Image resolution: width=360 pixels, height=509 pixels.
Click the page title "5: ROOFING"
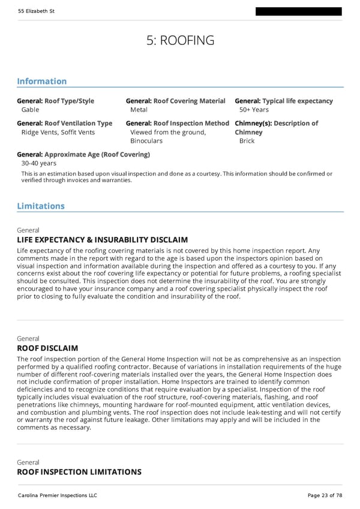click(180, 40)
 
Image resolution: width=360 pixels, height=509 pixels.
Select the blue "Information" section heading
click(41, 81)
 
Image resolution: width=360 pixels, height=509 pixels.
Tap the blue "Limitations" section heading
click(40, 206)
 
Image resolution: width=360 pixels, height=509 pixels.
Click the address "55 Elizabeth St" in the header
click(37, 11)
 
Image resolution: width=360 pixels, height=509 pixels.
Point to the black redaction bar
click(298, 11)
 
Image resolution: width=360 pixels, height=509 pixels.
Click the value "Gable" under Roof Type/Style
click(30, 110)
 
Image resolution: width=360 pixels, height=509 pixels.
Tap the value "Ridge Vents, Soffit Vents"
click(58, 132)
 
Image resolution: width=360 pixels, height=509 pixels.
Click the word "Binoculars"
click(146, 141)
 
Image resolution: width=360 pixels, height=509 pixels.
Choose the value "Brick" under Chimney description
click(247, 141)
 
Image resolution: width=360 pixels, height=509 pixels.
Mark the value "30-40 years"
click(38, 163)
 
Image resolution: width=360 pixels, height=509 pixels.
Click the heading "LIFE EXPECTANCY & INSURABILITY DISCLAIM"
click(102, 240)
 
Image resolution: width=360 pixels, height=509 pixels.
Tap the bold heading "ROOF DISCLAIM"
click(47, 348)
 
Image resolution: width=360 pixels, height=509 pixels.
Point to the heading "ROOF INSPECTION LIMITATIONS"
click(79, 472)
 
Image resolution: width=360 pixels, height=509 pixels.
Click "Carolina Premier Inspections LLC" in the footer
click(57, 495)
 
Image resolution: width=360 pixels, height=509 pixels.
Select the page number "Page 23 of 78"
click(325, 495)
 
